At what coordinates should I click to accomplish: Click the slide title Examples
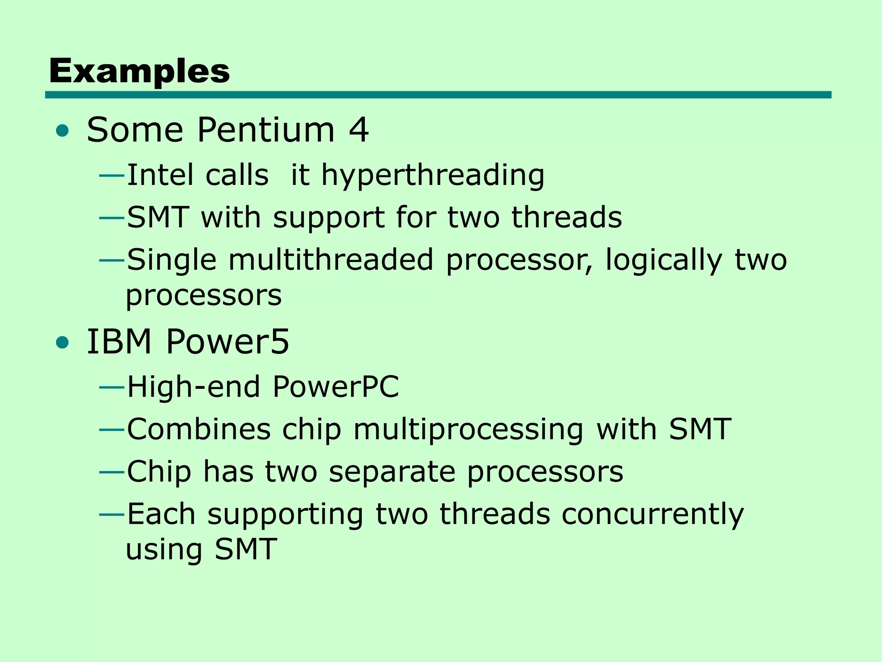coord(139,71)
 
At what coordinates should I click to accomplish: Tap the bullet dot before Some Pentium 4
coord(62,131)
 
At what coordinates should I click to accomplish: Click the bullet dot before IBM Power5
coord(62,343)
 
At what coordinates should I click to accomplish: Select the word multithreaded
coord(330,260)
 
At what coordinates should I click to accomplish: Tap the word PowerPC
coord(335,387)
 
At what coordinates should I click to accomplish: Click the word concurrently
coord(652,515)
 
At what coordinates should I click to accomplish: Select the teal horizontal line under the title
coord(438,95)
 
